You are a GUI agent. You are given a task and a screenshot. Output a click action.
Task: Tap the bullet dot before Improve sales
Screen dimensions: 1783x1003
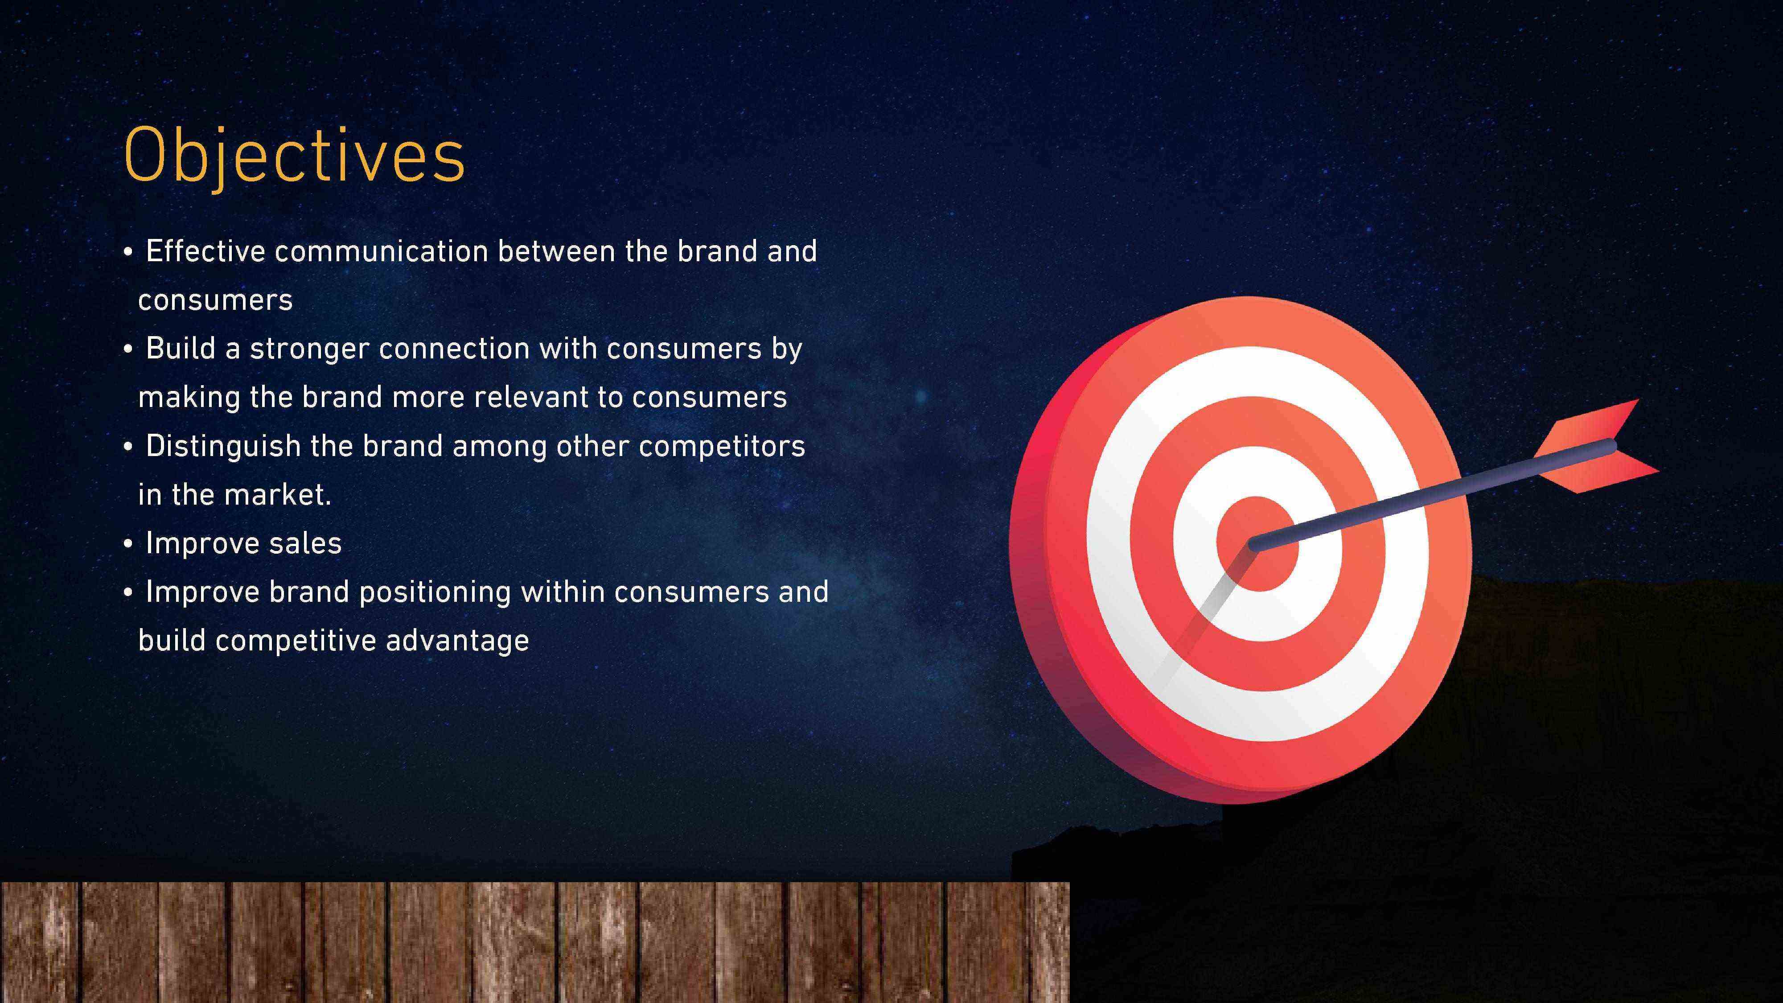[127, 544]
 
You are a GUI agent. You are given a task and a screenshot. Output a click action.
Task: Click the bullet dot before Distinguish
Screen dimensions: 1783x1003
[127, 447]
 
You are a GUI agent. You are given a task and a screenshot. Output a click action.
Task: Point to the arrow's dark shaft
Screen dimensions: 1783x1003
[1433, 495]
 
